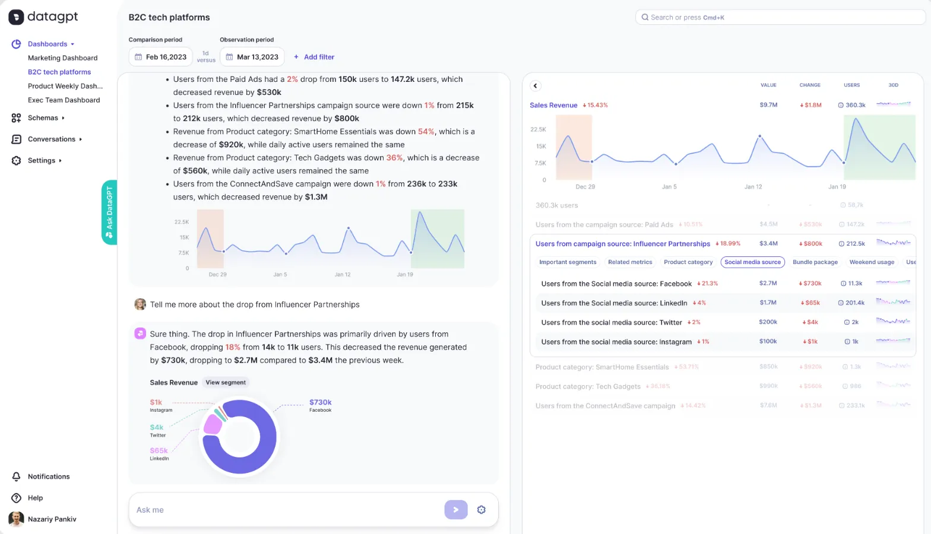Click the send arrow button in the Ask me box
tap(455, 510)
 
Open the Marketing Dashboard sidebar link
tap(62, 58)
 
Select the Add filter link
tap(314, 57)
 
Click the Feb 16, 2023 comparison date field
tap(160, 57)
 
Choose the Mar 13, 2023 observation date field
tap(252, 57)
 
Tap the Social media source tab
tap(752, 262)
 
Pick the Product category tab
tap(688, 262)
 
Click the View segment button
tap(226, 383)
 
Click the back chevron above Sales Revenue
tap(536, 86)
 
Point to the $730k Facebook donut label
tap(320, 403)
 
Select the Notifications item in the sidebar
tap(49, 477)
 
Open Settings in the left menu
tap(42, 161)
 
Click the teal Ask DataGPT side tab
tap(109, 212)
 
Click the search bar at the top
tap(780, 17)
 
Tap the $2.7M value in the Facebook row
tap(768, 284)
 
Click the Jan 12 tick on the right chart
tap(753, 187)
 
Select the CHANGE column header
tap(809, 85)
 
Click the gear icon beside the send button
tap(482, 510)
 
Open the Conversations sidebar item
tap(51, 139)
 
